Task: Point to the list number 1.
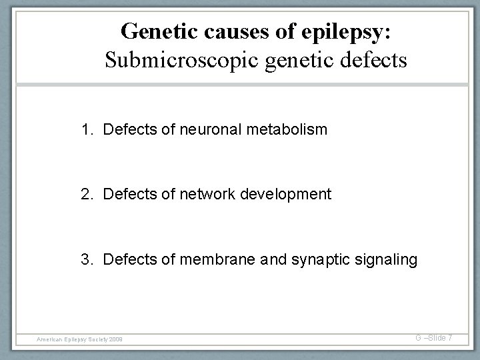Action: pos(87,129)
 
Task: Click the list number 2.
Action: pos(87,194)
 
